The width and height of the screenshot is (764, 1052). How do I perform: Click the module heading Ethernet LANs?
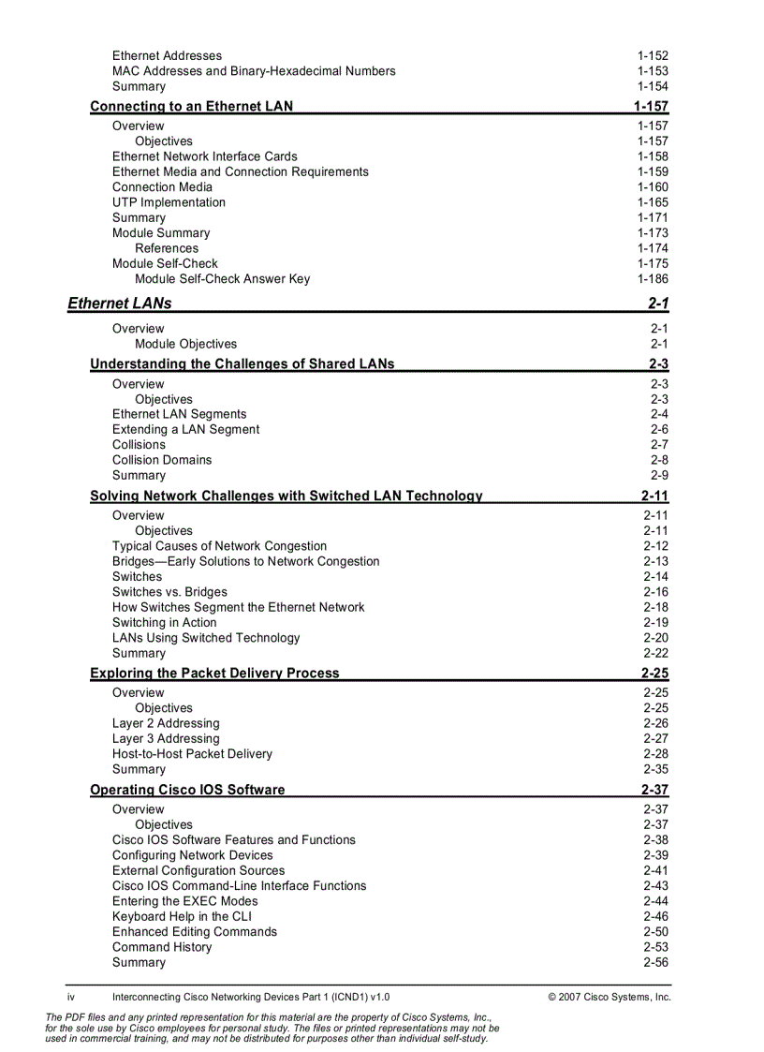[120, 303]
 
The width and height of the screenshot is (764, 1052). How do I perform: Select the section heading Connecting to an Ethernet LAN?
[191, 106]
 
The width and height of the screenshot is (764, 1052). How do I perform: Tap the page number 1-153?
[653, 71]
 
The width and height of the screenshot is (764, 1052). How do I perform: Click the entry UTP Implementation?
[169, 202]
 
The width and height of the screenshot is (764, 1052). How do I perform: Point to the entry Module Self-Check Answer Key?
[222, 279]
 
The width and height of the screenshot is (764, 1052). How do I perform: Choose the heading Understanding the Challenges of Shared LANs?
[242, 363]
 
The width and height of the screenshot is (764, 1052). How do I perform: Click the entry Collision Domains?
[162, 460]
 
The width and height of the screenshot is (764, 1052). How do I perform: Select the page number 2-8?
[659, 460]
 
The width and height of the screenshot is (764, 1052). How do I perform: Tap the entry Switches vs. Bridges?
[169, 592]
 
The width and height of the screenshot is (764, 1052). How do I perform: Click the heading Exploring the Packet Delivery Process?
[214, 673]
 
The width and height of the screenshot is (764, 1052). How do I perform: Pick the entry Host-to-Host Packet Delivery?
[192, 754]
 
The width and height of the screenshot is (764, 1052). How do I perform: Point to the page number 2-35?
[655, 769]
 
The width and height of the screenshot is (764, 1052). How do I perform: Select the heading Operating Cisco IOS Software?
[187, 790]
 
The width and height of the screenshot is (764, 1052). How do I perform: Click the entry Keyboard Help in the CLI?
[182, 916]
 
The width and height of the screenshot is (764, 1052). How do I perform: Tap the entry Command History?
[162, 947]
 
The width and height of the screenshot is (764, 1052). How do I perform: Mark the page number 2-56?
[655, 962]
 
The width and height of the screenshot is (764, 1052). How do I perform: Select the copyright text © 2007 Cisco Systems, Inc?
[610, 997]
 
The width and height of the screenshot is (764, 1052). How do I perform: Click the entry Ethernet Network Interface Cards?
[205, 156]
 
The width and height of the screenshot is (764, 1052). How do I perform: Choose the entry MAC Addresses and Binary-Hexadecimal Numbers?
[254, 71]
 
